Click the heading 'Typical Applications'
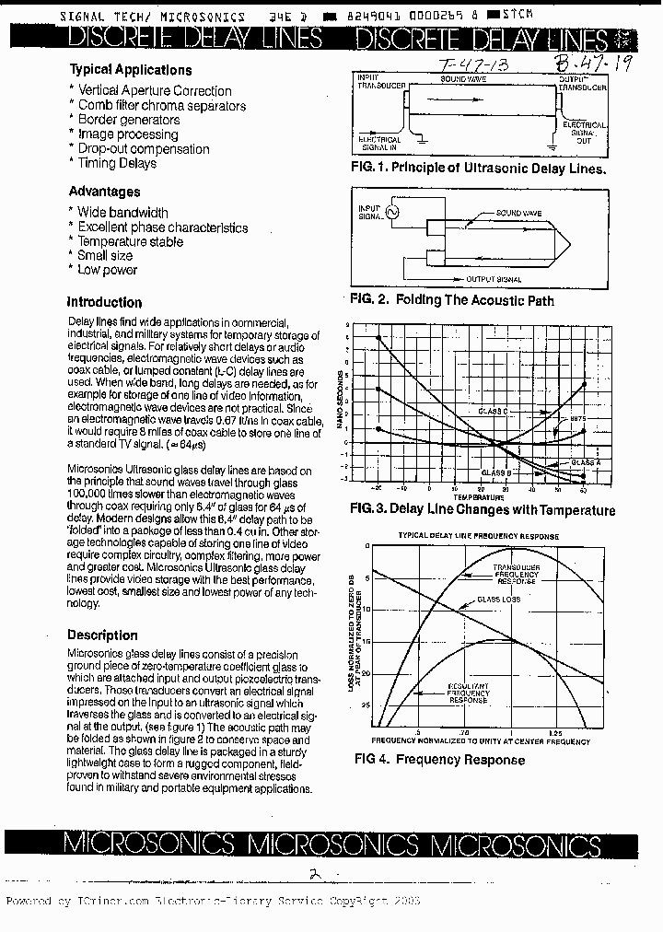pos(130,70)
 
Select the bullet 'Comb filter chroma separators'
pos(161,106)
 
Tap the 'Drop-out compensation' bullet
pos(143,149)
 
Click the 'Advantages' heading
pos(104,192)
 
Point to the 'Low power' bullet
pos(107,270)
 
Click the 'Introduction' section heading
pos(104,302)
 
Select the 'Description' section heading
pos(102,635)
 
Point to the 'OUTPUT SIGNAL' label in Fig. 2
pos(494,279)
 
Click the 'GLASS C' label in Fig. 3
pos(493,410)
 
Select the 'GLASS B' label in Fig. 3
pos(495,472)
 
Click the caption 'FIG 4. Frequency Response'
pos(439,760)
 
